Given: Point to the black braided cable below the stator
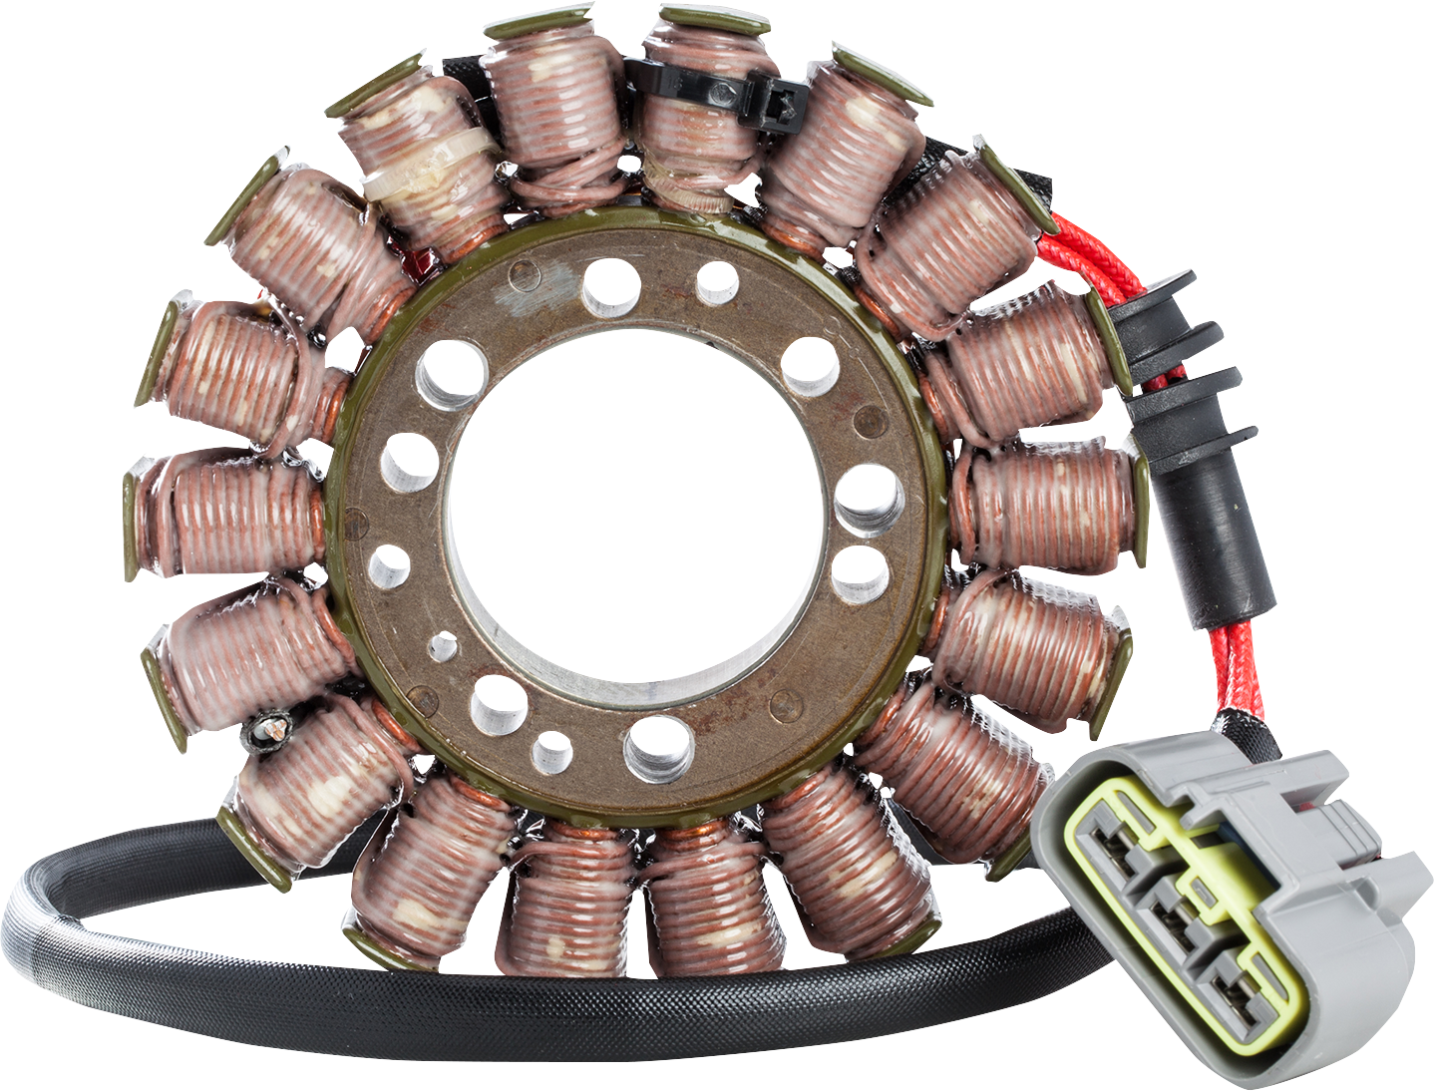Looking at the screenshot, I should pos(598,1007).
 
